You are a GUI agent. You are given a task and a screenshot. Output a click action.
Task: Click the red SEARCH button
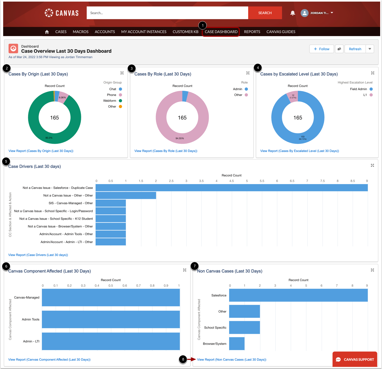click(x=265, y=13)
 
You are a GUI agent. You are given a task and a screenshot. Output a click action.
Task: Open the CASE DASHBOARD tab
click(x=221, y=32)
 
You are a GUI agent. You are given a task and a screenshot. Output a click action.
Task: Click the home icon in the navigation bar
click(x=47, y=32)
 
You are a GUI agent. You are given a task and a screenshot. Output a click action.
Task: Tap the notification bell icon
click(x=293, y=13)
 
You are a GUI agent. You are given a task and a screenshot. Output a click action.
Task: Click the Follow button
click(x=321, y=49)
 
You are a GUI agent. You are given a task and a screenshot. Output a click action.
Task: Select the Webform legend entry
click(x=110, y=101)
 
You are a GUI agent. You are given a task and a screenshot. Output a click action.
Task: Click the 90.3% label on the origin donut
click(x=49, y=138)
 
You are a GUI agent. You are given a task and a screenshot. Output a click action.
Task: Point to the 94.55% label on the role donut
click(x=180, y=138)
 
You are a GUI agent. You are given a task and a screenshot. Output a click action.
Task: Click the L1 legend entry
click(x=365, y=95)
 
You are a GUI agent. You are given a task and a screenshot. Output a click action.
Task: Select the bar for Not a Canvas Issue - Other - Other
click(x=126, y=195)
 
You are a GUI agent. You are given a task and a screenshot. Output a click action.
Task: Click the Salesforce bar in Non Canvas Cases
click(x=298, y=295)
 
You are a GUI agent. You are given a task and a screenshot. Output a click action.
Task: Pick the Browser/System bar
click(x=237, y=344)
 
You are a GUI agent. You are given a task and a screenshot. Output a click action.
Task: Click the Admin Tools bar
click(x=111, y=319)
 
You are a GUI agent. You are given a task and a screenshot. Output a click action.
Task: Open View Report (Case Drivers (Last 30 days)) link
click(x=38, y=255)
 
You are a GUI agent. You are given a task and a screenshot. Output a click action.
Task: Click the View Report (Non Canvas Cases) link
click(x=232, y=359)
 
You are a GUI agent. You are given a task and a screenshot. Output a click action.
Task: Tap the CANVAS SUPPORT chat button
click(x=355, y=359)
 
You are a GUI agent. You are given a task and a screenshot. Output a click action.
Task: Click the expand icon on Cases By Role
click(x=248, y=73)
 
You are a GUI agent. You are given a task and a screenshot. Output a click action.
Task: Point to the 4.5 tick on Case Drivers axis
click(x=232, y=181)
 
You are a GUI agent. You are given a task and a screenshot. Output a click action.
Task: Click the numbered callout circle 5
click(x=6, y=161)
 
